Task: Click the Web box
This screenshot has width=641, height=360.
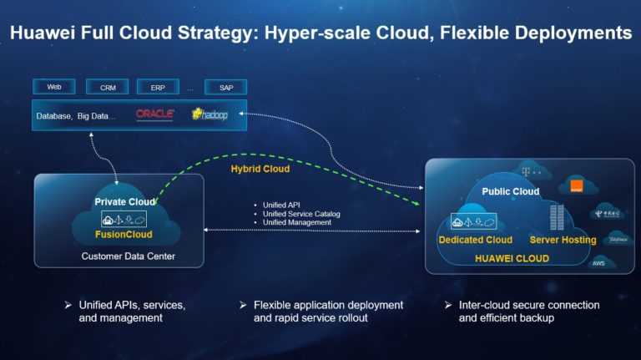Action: pos(54,87)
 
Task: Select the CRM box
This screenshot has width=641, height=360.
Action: pos(108,87)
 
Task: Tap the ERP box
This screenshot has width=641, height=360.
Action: pos(158,87)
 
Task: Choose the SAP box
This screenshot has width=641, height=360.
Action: pos(226,87)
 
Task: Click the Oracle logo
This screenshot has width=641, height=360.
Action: pos(154,114)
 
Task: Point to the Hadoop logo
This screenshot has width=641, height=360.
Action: pos(209,114)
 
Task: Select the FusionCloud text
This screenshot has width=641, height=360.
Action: pos(123,236)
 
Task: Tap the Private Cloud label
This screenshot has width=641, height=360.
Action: pos(123,201)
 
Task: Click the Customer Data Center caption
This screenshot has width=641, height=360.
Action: pos(129,256)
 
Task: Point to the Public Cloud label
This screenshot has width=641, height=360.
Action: pos(511,191)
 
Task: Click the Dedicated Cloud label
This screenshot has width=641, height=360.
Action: pos(475,240)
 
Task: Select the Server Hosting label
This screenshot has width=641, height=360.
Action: pos(563,240)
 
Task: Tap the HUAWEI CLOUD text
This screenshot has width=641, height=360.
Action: pos(512,259)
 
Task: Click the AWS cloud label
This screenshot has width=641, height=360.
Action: pos(598,263)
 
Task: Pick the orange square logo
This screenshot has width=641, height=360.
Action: pos(573,185)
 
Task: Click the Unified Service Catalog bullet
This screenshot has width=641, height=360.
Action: pos(301,214)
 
